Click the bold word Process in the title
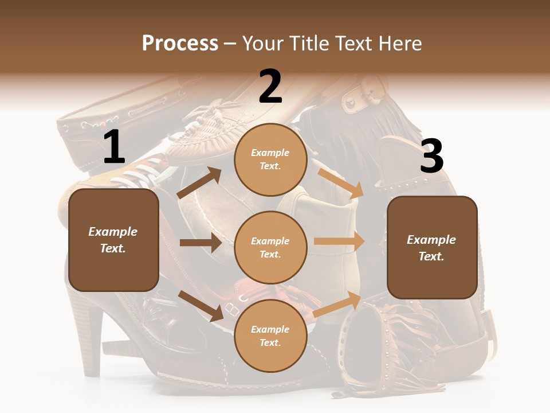pyautogui.click(x=180, y=44)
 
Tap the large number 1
pyautogui.click(x=114, y=147)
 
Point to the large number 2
pyautogui.click(x=270, y=87)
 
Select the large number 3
pyautogui.click(x=431, y=156)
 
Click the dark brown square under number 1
pyautogui.click(x=113, y=240)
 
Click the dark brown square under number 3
pyautogui.click(x=432, y=247)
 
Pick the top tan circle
pyautogui.click(x=270, y=159)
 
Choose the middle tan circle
pyautogui.click(x=270, y=247)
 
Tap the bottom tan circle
pyautogui.click(x=270, y=336)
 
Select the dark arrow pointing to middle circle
pyautogui.click(x=201, y=243)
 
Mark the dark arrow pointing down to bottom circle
pyautogui.click(x=201, y=306)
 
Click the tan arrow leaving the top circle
pyautogui.click(x=340, y=183)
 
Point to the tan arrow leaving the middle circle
pyautogui.click(x=339, y=241)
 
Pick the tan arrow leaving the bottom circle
pyautogui.click(x=338, y=305)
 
